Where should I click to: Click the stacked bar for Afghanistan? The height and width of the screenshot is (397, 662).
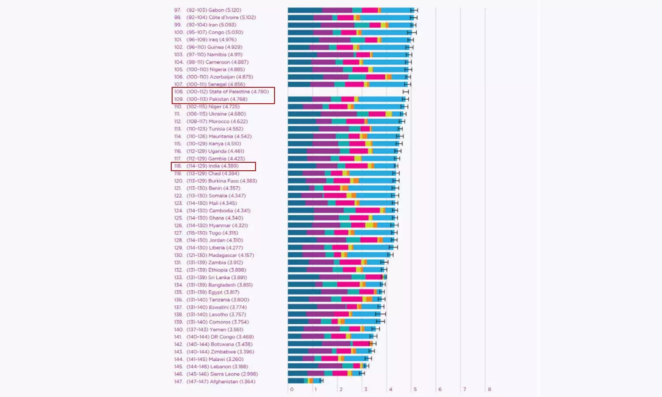305,381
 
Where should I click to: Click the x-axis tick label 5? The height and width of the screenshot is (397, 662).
415,390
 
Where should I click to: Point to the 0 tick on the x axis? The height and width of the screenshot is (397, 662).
292,390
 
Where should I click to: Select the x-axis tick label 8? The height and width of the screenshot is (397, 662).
489,390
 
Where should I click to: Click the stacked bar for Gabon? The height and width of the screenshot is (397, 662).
351,10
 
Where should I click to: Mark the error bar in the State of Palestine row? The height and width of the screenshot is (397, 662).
406,92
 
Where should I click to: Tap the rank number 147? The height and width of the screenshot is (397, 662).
178,382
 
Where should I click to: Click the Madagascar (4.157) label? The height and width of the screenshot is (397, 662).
220,255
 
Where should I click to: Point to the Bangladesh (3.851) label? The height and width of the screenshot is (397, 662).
219,285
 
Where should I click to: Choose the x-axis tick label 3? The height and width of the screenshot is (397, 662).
366,390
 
